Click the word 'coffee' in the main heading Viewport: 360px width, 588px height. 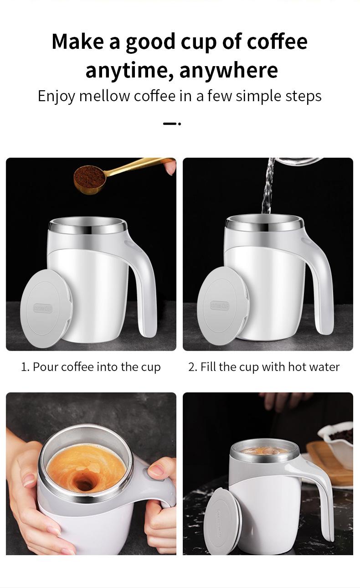[x=277, y=41]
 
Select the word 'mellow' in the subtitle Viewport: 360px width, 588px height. [x=104, y=96]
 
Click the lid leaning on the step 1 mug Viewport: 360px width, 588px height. [x=46, y=309]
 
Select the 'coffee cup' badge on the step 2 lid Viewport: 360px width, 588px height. [x=219, y=305]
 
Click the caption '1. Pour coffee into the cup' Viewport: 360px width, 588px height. [x=91, y=367]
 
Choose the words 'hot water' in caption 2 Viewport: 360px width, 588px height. [x=314, y=367]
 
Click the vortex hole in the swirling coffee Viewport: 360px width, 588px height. [x=83, y=482]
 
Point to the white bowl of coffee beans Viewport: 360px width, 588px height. [x=337, y=443]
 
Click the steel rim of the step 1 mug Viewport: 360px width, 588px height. [x=88, y=226]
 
